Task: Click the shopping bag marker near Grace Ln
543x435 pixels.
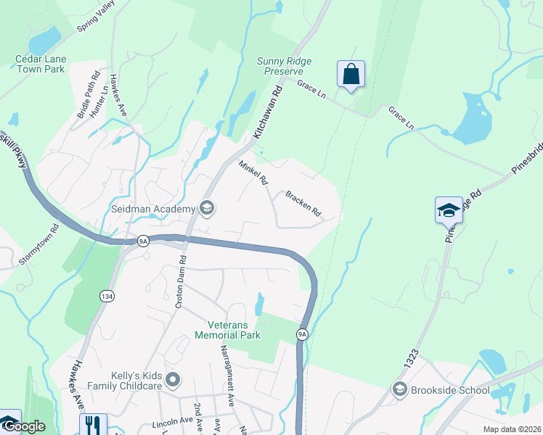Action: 351,74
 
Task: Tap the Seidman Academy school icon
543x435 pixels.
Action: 207,210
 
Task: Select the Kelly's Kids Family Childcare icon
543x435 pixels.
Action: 172,379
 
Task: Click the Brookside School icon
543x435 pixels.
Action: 399,390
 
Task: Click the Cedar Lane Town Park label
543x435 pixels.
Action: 40,64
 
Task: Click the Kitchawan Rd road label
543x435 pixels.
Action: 266,113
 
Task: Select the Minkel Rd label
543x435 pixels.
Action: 253,173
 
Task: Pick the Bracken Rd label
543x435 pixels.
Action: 303,204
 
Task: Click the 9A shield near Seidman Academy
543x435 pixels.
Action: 143,240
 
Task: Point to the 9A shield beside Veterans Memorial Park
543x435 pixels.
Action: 303,333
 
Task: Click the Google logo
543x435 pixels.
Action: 24,427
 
